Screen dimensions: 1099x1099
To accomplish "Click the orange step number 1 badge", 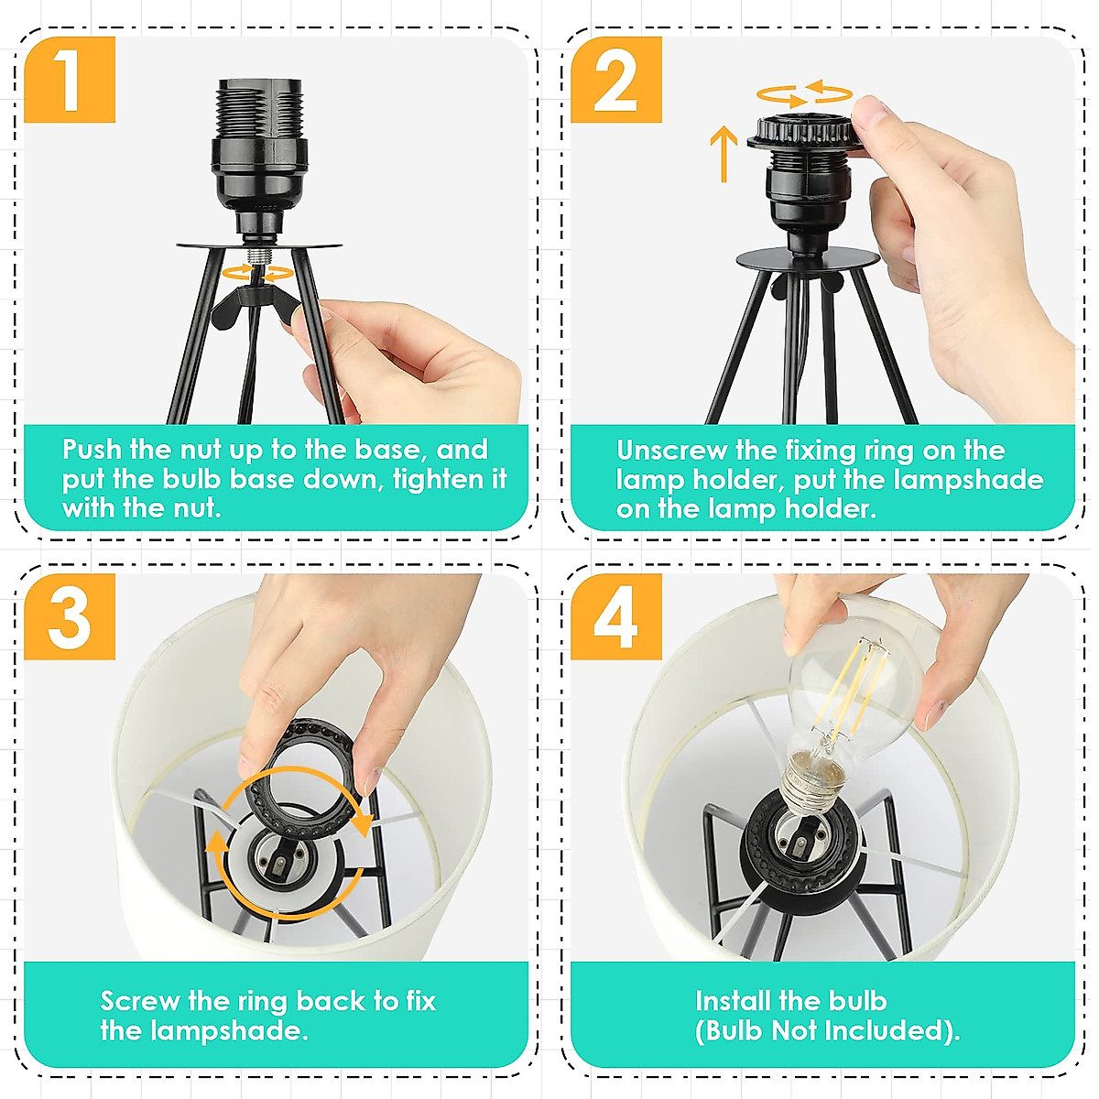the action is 70,80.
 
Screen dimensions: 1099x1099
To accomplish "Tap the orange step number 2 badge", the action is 616,80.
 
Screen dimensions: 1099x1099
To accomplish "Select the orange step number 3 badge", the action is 70,616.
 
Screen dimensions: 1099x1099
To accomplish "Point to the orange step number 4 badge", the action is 616,616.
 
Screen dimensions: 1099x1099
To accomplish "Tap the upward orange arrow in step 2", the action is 724,154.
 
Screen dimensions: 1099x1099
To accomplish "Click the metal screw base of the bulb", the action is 811,782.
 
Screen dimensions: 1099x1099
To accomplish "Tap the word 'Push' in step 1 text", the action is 92,450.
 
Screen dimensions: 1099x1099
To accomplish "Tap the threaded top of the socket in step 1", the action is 259,110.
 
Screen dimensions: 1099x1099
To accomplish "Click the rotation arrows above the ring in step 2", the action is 804,94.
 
